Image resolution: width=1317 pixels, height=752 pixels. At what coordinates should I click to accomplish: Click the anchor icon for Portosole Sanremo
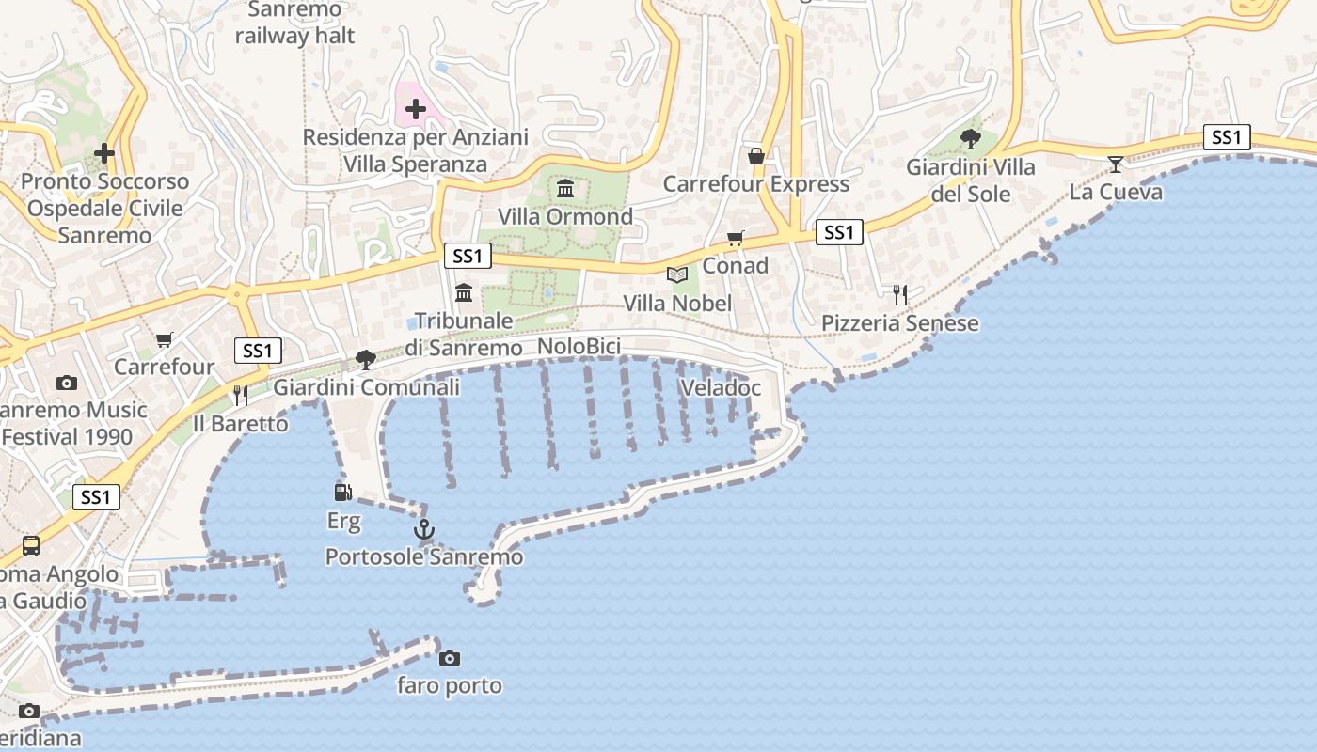tap(424, 530)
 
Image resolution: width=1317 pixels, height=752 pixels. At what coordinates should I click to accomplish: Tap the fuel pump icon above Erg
tap(343, 492)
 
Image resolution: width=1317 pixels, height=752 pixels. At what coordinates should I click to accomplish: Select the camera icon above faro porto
tap(450, 658)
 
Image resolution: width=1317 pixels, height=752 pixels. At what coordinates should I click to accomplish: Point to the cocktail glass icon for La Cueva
tap(1116, 164)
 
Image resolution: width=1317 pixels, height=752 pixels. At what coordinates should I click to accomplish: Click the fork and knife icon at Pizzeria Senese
tap(900, 295)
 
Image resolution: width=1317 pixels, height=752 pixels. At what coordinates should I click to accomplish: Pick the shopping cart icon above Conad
tap(735, 239)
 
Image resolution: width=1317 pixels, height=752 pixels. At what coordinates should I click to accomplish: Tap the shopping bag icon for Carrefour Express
tap(755, 156)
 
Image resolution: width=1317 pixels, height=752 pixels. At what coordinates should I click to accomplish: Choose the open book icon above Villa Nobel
tap(677, 275)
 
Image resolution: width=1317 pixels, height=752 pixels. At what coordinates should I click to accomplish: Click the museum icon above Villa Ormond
tap(564, 189)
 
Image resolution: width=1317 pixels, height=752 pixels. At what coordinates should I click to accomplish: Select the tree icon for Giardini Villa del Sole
tap(971, 139)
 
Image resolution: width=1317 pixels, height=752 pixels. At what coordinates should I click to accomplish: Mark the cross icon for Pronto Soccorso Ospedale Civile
tap(104, 152)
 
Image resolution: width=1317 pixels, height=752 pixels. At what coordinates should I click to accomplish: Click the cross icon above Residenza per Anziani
tap(415, 110)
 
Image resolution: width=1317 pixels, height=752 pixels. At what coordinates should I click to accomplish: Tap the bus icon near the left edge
tap(31, 545)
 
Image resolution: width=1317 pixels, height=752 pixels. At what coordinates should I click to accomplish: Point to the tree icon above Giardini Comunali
tap(366, 359)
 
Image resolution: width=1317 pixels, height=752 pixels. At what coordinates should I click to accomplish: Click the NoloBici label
tap(579, 347)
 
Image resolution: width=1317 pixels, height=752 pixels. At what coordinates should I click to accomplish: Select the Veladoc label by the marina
tap(720, 387)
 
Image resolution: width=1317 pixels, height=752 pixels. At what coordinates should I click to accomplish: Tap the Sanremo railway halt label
tap(294, 23)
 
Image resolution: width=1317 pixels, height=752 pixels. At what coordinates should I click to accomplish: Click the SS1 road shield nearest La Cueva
tap(1227, 137)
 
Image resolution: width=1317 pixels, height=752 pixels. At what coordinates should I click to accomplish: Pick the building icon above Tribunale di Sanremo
tap(464, 293)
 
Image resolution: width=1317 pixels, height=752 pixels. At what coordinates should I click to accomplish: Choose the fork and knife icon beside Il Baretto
tap(241, 396)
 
